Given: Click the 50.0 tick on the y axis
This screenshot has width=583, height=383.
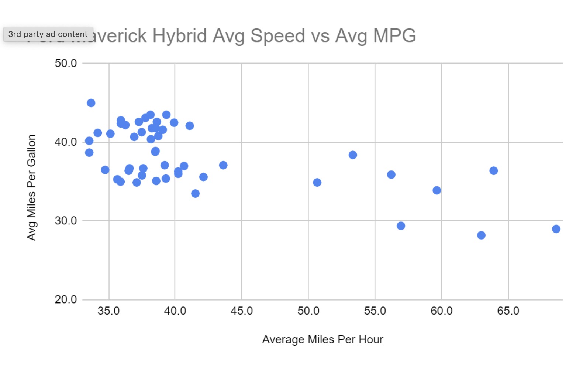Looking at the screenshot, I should tap(66, 63).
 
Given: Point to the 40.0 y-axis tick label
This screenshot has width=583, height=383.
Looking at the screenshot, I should tap(66, 142).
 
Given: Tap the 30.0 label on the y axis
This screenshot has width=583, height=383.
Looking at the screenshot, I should tap(66, 221).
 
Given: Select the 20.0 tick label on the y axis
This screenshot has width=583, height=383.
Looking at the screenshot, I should tap(66, 299).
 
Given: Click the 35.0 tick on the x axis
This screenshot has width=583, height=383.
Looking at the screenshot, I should tap(108, 311).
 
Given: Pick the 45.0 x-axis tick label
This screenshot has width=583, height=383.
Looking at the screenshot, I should tap(242, 311).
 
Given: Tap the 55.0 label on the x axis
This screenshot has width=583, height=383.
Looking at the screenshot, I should tap(375, 311).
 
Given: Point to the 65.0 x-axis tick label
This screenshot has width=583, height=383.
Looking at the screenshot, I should tap(508, 311).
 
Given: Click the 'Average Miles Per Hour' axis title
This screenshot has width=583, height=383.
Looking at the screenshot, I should tap(322, 339).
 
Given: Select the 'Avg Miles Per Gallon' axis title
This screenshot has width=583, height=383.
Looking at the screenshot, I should tap(31, 187).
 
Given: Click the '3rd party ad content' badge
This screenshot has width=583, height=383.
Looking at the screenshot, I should tap(48, 34).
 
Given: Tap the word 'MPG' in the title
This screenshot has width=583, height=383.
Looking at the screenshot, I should tap(394, 36).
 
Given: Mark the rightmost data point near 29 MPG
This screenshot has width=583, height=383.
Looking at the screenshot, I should tap(556, 229).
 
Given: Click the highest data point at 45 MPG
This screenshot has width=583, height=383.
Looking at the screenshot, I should tap(91, 103).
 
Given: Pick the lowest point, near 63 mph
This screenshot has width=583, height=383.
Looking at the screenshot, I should tap(481, 235).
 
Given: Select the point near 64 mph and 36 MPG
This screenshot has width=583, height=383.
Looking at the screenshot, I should tap(494, 170).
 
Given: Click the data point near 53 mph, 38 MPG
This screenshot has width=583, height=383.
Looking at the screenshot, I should tap(353, 155).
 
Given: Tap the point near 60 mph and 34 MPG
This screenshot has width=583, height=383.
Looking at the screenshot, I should tap(437, 190).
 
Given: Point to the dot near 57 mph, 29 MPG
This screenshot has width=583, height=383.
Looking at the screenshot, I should tap(401, 226).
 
